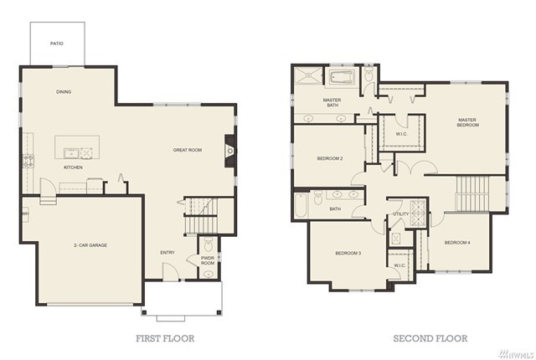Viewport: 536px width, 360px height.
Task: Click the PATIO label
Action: point(57,44)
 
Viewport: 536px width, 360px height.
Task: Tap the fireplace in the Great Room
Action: point(229,151)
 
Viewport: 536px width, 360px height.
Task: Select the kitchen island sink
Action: point(71,153)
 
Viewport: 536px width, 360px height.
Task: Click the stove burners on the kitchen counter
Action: point(28,162)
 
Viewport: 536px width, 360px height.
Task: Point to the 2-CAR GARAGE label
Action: point(90,245)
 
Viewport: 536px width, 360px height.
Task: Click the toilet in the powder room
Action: point(209,245)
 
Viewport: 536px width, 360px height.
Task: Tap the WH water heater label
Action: point(25,213)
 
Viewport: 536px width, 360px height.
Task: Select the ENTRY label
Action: point(167,252)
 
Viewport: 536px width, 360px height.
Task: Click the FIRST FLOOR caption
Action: point(166,338)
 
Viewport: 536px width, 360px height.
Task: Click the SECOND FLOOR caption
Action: point(430,338)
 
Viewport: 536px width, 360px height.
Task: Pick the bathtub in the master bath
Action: point(343,78)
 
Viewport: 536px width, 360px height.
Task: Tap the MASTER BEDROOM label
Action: point(467,122)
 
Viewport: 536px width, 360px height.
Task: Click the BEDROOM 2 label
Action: point(330,158)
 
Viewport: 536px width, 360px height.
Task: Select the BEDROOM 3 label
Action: point(348,253)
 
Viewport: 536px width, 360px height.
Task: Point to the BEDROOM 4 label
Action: point(457,243)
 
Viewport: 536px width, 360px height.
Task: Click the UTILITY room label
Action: point(400,213)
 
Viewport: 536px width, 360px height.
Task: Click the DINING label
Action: point(64,92)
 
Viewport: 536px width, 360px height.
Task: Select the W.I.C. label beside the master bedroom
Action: point(402,134)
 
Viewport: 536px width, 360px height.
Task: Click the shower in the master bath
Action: point(308,75)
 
